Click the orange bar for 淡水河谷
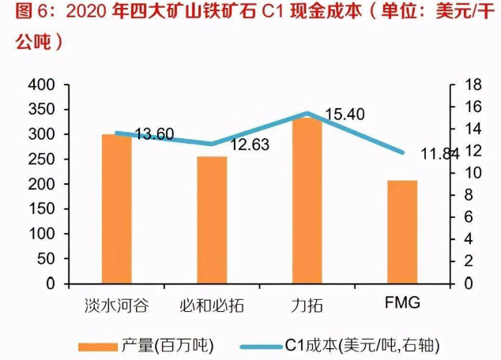click(x=117, y=208)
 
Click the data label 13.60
click(x=153, y=134)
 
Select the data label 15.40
click(x=345, y=114)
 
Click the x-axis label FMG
click(x=401, y=303)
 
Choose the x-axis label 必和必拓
click(x=212, y=305)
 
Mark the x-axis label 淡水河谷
click(x=117, y=305)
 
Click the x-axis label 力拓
click(x=307, y=305)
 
